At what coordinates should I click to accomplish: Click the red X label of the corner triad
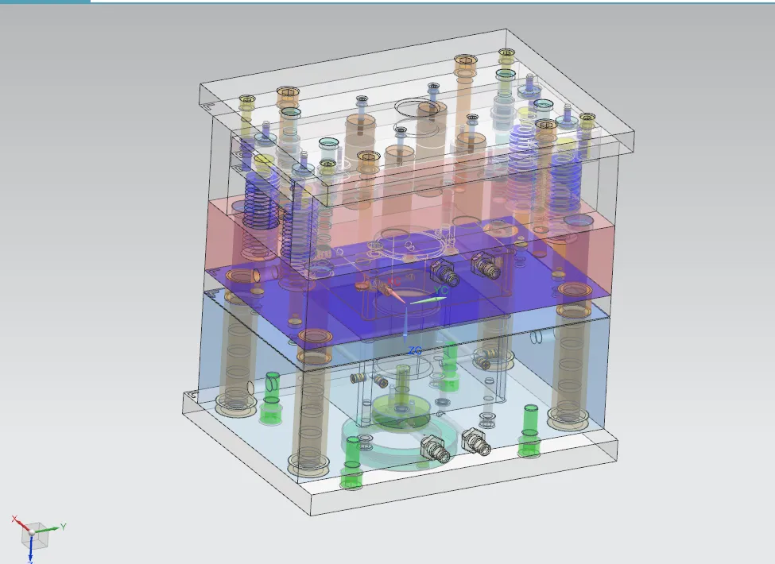[14, 519]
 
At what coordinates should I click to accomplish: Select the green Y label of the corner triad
[63, 526]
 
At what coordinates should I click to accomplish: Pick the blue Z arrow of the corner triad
[30, 546]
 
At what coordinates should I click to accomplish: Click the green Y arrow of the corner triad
[48, 529]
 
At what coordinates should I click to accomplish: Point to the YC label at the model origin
[442, 292]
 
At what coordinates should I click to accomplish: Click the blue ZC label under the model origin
[414, 350]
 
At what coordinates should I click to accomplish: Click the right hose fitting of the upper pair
[486, 267]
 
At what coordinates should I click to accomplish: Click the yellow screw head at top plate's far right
[587, 121]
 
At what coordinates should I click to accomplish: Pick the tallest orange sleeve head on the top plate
[465, 61]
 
